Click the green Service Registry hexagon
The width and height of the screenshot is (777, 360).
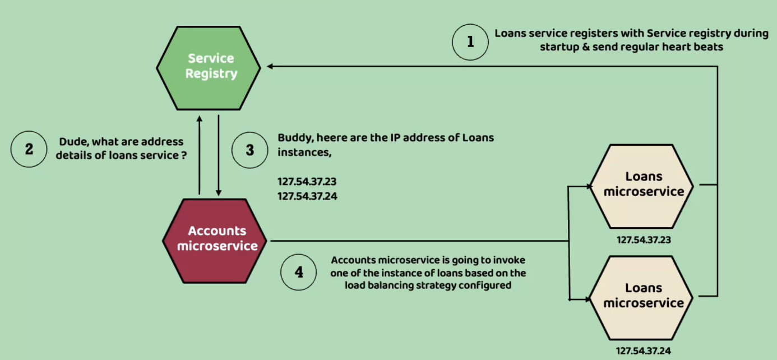tap(209, 67)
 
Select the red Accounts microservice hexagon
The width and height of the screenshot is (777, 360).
tap(216, 239)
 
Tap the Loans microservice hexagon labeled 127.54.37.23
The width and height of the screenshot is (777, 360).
tap(641, 184)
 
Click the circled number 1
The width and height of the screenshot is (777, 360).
tap(470, 41)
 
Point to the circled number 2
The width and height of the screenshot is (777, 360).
tap(29, 149)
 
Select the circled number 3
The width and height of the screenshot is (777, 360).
tap(250, 150)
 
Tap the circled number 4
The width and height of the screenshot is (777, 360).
tap(299, 273)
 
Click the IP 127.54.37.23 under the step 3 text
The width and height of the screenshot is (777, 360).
tap(307, 182)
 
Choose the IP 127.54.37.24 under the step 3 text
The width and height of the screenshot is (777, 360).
tap(307, 196)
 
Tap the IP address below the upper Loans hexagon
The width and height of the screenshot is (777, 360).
tap(644, 239)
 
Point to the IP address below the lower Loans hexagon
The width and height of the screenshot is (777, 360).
tap(644, 351)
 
